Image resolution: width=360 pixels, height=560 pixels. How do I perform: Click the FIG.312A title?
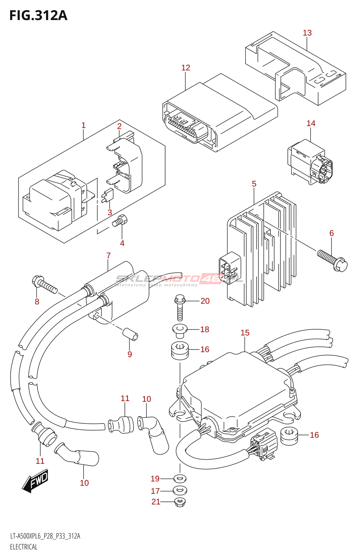38,16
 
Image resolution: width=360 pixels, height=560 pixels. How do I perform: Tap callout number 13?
307,33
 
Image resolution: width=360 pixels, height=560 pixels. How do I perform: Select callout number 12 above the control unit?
186,68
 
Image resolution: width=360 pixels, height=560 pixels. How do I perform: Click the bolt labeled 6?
332,260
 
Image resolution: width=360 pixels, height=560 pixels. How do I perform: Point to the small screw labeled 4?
120,221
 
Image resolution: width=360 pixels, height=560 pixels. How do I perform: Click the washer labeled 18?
180,330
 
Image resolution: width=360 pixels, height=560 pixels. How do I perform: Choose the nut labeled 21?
180,502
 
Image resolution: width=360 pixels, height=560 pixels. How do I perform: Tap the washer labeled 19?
180,478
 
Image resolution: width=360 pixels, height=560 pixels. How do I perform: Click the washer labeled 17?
180,490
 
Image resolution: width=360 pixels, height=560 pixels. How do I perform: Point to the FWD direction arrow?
35,481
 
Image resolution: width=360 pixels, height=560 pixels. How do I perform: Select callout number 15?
245,333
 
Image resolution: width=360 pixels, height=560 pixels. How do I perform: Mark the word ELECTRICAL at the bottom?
24,547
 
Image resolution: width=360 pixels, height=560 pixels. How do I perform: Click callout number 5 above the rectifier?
254,184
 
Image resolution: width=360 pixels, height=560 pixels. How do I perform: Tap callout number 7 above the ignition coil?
109,256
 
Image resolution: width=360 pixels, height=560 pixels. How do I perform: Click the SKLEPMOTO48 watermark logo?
179,279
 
